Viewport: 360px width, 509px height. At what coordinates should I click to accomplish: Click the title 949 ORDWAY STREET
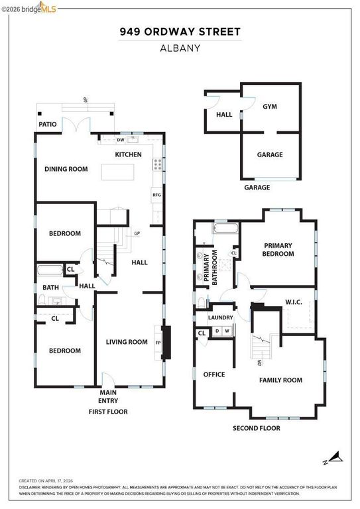click(x=180, y=31)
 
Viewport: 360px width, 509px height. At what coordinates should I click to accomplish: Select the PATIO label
click(x=47, y=124)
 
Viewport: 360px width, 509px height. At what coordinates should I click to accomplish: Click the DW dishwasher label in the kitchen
click(x=121, y=140)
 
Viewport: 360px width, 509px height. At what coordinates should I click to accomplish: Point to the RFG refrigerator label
click(x=157, y=195)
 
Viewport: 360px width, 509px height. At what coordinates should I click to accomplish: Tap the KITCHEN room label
click(x=129, y=154)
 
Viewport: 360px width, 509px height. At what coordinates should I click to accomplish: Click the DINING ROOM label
click(x=66, y=169)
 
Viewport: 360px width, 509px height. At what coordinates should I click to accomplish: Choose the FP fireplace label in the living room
click(x=158, y=343)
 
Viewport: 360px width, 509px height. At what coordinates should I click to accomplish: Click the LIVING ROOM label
click(x=127, y=342)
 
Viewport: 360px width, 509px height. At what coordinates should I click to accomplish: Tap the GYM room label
click(x=269, y=106)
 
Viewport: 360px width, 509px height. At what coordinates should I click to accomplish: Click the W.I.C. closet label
click(x=293, y=303)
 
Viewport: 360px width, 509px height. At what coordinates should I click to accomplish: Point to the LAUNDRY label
click(x=220, y=317)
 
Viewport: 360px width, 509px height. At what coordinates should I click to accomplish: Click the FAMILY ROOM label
click(x=280, y=380)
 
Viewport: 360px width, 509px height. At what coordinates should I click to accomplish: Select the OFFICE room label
click(x=213, y=374)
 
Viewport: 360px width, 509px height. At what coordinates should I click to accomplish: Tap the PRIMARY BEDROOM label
click(x=278, y=249)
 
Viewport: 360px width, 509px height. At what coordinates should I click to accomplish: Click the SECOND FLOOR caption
click(x=256, y=428)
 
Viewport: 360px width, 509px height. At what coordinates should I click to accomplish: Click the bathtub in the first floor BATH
click(x=50, y=270)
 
